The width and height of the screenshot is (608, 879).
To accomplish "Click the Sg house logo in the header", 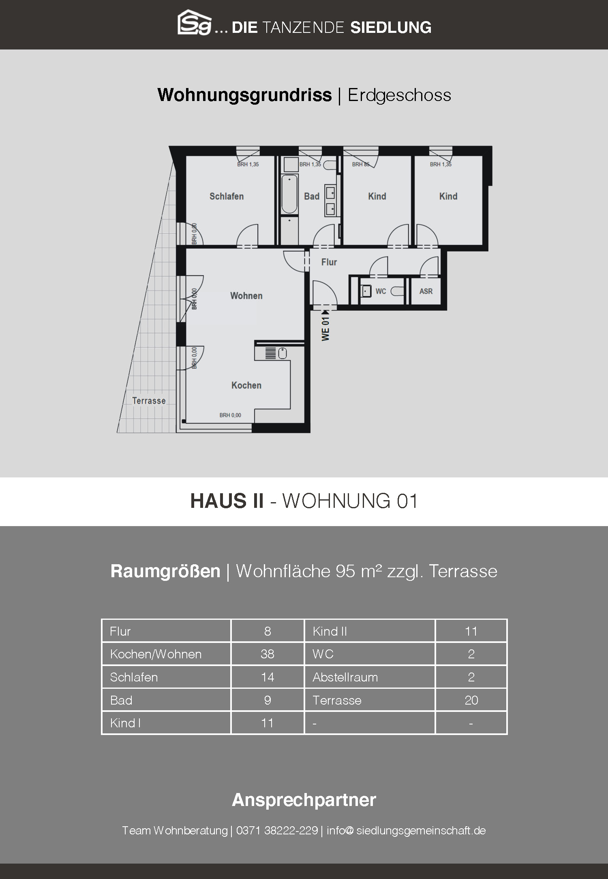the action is (x=195, y=23).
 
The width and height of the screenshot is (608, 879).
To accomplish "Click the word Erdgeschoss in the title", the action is (x=399, y=95).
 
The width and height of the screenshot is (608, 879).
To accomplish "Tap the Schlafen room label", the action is (x=227, y=196).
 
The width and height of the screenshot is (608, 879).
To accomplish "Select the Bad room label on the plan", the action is (x=312, y=196).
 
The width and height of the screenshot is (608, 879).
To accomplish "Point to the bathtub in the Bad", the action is (x=289, y=194).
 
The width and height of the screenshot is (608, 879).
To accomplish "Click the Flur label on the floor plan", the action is (x=329, y=262).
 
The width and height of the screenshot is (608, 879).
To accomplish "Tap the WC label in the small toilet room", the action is (x=381, y=291).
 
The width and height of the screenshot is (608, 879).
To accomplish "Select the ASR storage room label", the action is (x=426, y=291).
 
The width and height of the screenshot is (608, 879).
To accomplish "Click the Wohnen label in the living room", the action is (x=246, y=296).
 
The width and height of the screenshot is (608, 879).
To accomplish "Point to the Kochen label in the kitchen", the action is (x=246, y=385).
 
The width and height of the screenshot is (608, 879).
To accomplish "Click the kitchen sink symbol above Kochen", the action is (x=282, y=353).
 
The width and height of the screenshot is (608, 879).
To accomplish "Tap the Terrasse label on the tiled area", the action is (x=149, y=401).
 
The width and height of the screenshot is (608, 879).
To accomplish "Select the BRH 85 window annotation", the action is (x=360, y=164).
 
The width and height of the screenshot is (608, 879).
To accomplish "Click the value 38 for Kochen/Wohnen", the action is (x=268, y=654).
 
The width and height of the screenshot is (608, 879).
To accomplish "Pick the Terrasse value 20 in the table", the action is (x=471, y=700).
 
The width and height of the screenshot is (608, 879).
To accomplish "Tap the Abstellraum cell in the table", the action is (x=345, y=677).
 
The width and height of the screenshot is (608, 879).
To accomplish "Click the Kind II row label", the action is (x=330, y=631).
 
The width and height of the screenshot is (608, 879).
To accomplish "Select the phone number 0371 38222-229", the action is (x=277, y=831).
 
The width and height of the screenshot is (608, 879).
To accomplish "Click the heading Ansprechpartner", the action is (x=304, y=800).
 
